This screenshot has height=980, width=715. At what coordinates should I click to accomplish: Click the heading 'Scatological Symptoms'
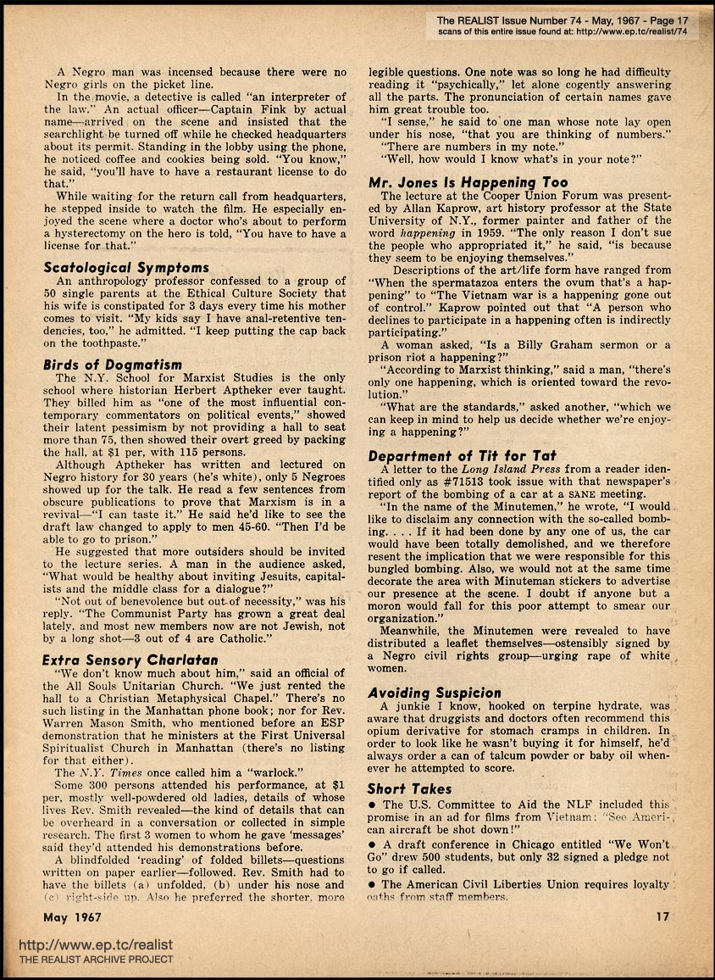pyautogui.click(x=126, y=268)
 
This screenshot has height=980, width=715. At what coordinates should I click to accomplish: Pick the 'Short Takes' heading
pyautogui.click(x=411, y=788)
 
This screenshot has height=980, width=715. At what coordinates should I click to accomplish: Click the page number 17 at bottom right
pyautogui.click(x=663, y=916)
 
